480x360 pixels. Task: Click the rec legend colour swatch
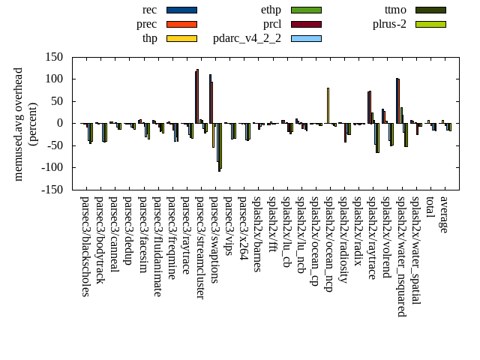181,10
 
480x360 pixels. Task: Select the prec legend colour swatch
181,24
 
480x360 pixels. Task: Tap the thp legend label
149,38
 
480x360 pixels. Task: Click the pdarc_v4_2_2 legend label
247,38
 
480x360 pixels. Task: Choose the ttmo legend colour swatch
430,10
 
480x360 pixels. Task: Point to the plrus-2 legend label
389,24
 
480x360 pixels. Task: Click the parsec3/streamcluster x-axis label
200,247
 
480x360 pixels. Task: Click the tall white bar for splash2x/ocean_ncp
328,105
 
